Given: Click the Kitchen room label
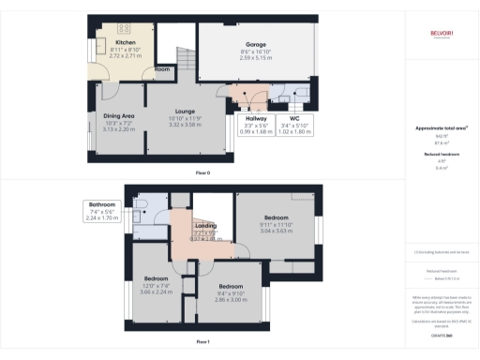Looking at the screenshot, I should pyautogui.click(x=126, y=43).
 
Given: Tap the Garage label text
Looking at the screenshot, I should pyautogui.click(x=255, y=43).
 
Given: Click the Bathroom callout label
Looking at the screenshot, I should pyautogui.click(x=101, y=204).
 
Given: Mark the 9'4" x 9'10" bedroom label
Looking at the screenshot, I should pyautogui.click(x=231, y=285).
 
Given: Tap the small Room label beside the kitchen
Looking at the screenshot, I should pyautogui.click(x=162, y=69).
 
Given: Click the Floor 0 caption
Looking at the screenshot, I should pyautogui.click(x=202, y=173).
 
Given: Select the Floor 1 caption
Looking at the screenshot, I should pyautogui.click(x=202, y=342).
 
